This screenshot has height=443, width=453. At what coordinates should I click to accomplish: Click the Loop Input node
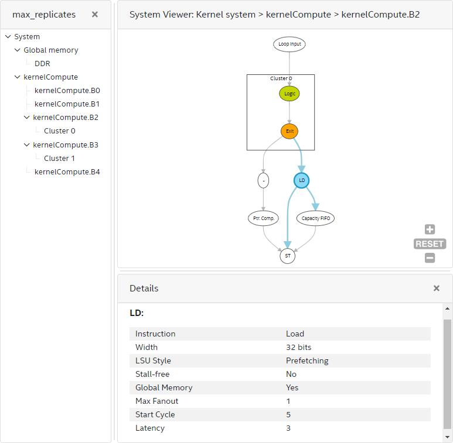[289, 44]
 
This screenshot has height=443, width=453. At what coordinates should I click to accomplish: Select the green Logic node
[289, 94]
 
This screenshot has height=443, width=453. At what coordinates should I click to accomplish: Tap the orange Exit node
[289, 131]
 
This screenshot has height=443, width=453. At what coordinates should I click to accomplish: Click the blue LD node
[302, 180]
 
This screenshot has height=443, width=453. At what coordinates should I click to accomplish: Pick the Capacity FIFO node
[315, 218]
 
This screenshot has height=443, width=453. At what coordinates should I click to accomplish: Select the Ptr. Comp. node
[263, 218]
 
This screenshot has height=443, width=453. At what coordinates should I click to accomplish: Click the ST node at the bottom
[287, 256]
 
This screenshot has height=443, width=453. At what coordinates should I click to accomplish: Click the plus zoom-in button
[430, 229]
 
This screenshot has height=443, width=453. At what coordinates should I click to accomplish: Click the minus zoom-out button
[430, 257]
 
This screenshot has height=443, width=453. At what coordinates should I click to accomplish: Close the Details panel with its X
[436, 289]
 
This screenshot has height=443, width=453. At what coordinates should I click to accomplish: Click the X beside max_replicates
[95, 15]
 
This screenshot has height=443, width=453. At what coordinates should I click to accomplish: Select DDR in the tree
[42, 64]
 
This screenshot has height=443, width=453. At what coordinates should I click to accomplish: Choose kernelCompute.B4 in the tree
[67, 172]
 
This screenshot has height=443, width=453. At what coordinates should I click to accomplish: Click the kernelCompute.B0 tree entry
[67, 91]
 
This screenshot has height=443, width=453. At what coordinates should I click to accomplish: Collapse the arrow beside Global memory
[18, 50]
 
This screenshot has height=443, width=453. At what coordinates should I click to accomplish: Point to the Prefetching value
[307, 361]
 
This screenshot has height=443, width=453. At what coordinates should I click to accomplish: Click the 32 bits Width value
[299, 348]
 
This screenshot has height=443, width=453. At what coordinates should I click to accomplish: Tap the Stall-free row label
[152, 375]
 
